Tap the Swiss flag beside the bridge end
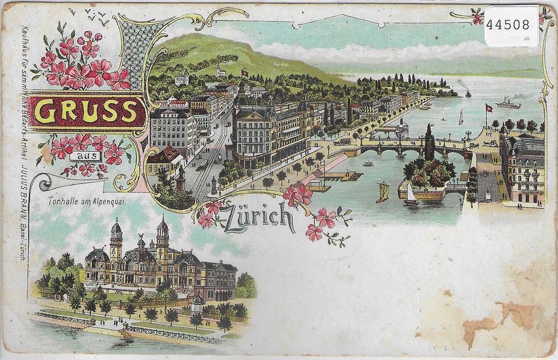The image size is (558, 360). point(488,107)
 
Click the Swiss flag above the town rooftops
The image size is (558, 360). point(244,73)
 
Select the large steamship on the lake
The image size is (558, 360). point(507,103)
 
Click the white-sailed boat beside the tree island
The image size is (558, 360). point(410,195)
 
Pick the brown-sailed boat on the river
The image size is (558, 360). point(383,191)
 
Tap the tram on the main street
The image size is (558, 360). point(203,164)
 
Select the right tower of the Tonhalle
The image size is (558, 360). point(162,237)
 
